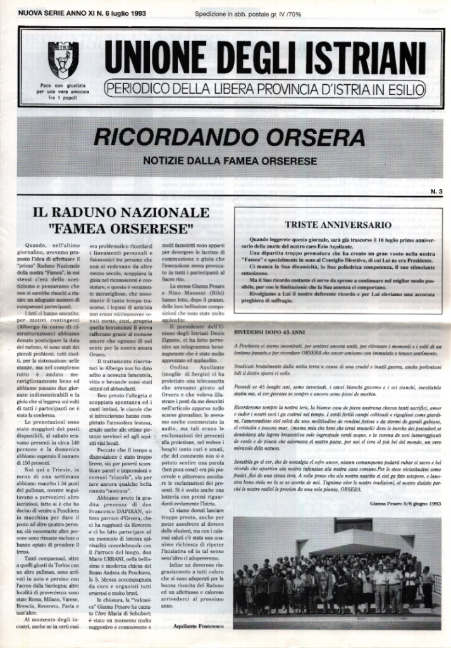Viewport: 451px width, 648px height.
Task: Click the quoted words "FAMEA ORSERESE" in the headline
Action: (x=120, y=227)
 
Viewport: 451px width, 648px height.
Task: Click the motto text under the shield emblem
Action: (x=63, y=92)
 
